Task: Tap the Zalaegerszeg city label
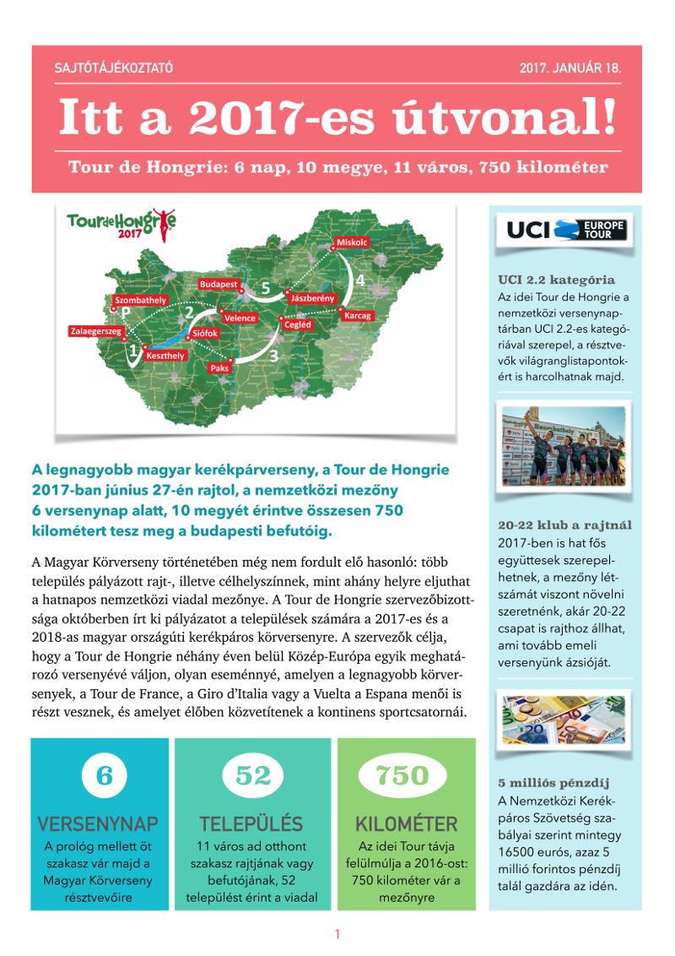pos(95,331)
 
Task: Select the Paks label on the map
pos(219,368)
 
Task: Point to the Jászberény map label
pos(313,299)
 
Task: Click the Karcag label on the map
pos(358,314)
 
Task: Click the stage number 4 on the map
pos(360,280)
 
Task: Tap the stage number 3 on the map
pos(273,356)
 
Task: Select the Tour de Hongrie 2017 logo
pos(121,225)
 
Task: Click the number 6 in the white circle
pos(105,775)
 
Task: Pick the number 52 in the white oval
pos(252,775)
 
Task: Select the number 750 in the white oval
pos(402,775)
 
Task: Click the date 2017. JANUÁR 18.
pos(570,68)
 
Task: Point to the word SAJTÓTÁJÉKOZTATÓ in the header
pos(114,68)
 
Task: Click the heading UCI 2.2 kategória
pos(556,280)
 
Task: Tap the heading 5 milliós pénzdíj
pos(553,782)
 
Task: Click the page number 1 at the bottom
pos(337,934)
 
